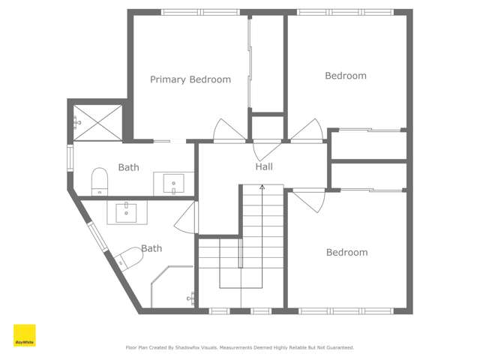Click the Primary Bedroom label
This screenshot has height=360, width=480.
(x=190, y=79)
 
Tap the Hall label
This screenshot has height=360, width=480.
(x=264, y=166)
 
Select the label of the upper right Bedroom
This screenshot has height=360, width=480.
(x=345, y=76)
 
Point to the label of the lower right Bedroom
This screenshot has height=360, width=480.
(x=346, y=253)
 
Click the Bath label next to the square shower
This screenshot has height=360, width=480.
(x=128, y=168)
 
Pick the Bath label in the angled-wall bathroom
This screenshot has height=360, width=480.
(x=151, y=248)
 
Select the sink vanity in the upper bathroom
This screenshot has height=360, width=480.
(x=173, y=183)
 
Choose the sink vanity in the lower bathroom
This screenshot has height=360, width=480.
(x=126, y=212)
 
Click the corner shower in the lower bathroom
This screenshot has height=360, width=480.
(x=172, y=288)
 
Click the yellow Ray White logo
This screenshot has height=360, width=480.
(x=24, y=335)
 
